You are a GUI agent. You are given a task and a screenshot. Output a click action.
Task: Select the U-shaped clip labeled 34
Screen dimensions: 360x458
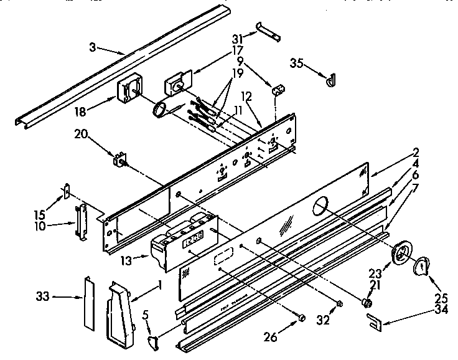pyautogui.click(x=375, y=321)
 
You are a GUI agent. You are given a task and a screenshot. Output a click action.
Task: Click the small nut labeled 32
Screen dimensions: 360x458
pyautogui.click(x=339, y=305)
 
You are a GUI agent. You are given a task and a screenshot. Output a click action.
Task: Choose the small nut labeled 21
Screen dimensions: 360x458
pyautogui.click(x=367, y=303)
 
